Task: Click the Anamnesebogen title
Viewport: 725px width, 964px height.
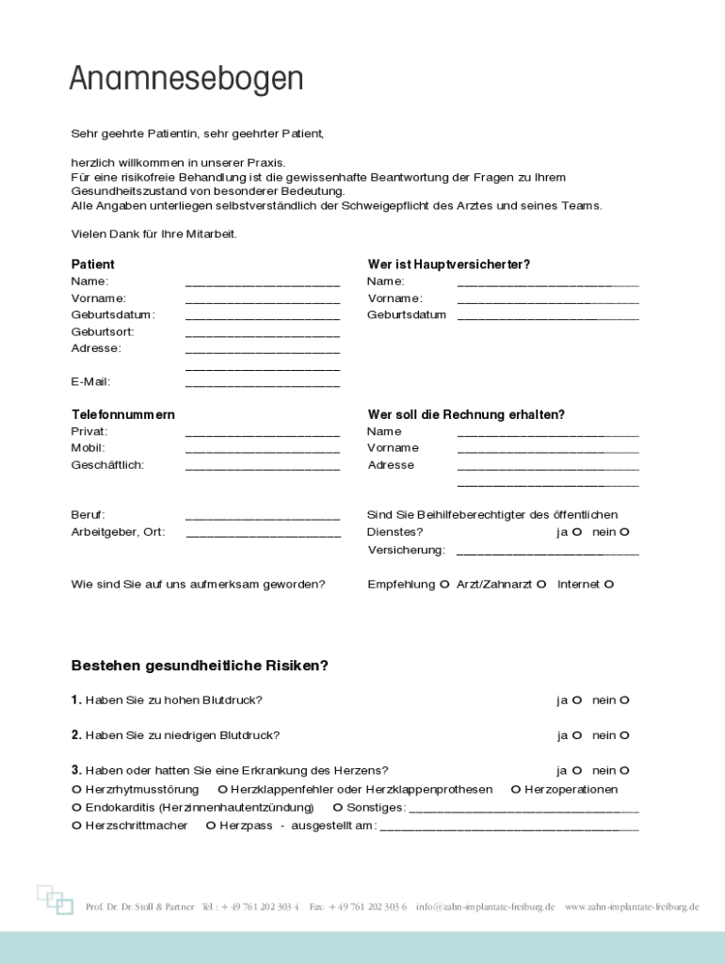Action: coord(185,79)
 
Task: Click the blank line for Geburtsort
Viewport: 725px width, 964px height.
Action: coord(263,335)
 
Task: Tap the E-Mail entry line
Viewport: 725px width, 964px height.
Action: coord(263,385)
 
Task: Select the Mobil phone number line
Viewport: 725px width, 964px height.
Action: coord(263,452)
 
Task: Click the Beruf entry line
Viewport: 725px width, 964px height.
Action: coord(263,519)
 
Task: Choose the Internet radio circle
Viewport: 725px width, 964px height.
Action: coord(609,585)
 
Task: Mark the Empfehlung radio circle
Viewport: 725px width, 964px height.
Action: coord(444,585)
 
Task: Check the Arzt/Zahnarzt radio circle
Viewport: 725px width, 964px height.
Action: coord(541,585)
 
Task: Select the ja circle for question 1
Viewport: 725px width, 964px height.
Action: coord(577,700)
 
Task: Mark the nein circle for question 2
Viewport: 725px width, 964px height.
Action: coord(623,735)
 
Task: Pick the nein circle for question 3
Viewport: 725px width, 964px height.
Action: coord(623,771)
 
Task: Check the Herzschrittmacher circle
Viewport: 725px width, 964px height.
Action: coord(76,826)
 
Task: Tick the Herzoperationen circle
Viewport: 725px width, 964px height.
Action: coord(516,790)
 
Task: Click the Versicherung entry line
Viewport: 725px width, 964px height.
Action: coord(547,554)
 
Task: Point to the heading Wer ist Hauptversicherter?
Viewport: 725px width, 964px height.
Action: coord(448,265)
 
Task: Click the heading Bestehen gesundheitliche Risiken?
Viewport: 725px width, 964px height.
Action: coord(200,666)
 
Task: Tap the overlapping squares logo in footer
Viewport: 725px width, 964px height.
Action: coord(55,899)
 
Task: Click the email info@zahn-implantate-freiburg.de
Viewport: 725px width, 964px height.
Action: coord(485,907)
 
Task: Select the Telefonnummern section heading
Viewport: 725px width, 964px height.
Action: coord(122,414)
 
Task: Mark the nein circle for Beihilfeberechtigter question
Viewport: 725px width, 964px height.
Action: coord(623,532)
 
